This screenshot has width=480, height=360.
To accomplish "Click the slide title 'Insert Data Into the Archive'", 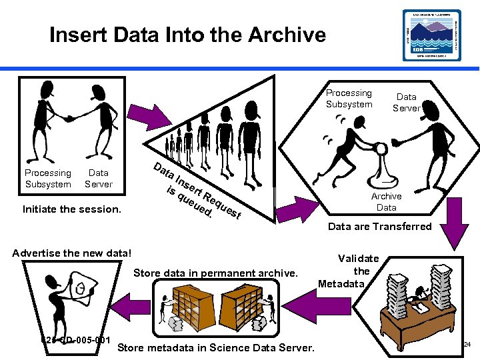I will pyautogui.click(x=187, y=34).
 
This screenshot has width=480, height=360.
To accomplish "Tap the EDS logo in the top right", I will pyautogui.click(x=431, y=35).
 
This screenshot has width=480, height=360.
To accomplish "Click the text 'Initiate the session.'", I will pyautogui.click(x=71, y=209).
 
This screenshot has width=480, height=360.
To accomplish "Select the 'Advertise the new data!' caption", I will pyautogui.click(x=73, y=253).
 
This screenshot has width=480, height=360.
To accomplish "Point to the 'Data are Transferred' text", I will pyautogui.click(x=379, y=227).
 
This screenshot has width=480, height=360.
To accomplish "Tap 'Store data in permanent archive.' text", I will pyautogui.click(x=215, y=272).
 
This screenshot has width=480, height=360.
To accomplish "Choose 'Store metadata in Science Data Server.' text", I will pyautogui.click(x=216, y=347).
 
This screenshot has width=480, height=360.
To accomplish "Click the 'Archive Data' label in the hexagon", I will pyautogui.click(x=386, y=202).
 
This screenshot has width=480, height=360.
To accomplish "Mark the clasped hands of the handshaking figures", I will pyautogui.click(x=67, y=118).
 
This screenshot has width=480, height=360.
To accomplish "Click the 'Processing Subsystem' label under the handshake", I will pyautogui.click(x=48, y=178).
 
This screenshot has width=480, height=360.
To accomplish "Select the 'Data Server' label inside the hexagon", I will pyautogui.click(x=406, y=102).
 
